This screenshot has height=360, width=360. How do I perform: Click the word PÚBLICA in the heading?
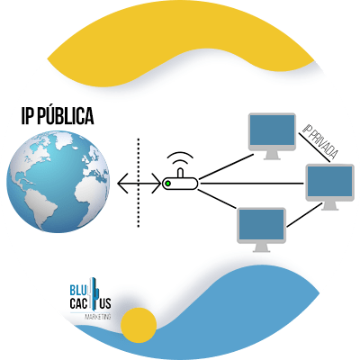67,115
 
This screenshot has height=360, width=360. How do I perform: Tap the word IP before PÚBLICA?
29,116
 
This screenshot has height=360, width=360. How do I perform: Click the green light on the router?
168,184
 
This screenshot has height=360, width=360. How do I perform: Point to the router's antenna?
180,174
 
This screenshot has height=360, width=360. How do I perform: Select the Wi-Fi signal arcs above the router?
180,157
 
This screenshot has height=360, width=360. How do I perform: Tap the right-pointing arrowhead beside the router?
157,183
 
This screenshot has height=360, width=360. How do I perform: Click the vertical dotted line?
139,183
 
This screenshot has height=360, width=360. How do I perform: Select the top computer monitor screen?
272,130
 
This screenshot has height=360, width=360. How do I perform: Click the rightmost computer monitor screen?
330,181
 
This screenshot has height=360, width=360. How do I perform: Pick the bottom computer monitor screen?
261,225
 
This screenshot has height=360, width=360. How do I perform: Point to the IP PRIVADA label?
319,140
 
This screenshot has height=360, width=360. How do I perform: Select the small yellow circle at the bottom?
139,325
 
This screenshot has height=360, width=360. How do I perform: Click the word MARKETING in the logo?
98,317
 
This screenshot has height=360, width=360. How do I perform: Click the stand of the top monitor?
272,155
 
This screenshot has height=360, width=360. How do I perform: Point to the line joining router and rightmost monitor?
251,184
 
